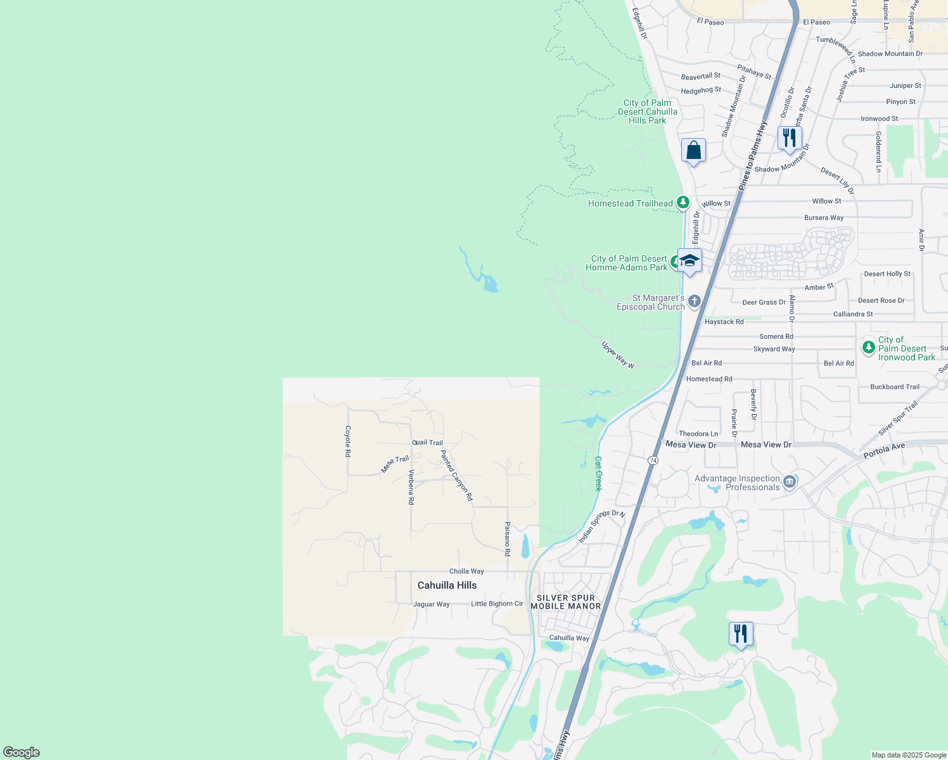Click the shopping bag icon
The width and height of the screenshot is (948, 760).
tap(693, 151)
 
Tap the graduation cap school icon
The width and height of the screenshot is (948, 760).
tap(689, 261)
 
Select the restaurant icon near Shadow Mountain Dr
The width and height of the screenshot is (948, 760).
tap(789, 138)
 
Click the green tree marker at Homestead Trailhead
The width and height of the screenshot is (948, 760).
tap(682, 203)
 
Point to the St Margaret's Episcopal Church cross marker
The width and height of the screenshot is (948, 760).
tap(695, 301)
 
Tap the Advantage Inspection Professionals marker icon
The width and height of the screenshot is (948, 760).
tap(790, 483)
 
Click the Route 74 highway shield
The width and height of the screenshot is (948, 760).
tap(653, 460)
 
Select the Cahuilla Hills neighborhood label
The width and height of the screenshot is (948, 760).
tap(447, 585)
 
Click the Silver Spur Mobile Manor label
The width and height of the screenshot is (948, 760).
tap(565, 602)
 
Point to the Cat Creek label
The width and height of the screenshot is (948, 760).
tap(598, 474)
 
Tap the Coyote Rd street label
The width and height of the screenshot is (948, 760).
tap(348, 441)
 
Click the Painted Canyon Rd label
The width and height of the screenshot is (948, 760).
tap(456, 476)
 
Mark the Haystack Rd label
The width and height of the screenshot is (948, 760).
tap(724, 322)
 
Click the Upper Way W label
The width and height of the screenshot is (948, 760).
tap(618, 355)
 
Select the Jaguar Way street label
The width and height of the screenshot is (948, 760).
tap(431, 604)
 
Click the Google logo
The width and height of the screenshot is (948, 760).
tap(22, 752)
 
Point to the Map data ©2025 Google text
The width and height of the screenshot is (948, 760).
tap(909, 755)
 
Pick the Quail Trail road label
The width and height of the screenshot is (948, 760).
tap(427, 443)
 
